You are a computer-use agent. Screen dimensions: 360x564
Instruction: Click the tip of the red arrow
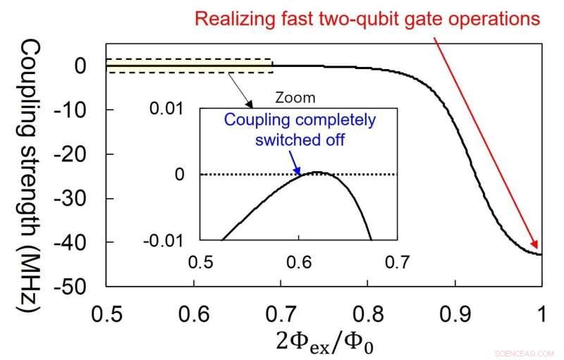(539, 252)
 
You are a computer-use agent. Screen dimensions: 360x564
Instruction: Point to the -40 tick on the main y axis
(85, 242)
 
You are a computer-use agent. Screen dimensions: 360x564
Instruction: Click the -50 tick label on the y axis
(84, 287)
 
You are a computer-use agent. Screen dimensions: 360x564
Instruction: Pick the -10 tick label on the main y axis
(84, 110)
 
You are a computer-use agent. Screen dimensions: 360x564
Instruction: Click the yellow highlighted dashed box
(189, 66)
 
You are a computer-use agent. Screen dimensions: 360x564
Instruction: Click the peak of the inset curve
(319, 173)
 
